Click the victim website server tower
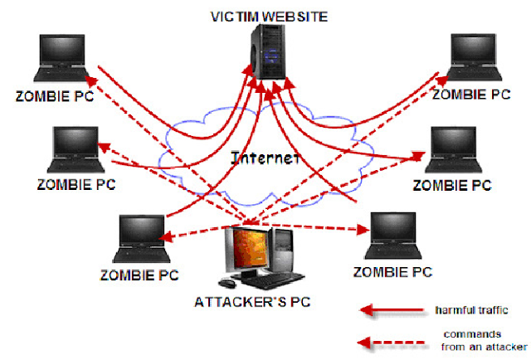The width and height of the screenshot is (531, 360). click(269, 51)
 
